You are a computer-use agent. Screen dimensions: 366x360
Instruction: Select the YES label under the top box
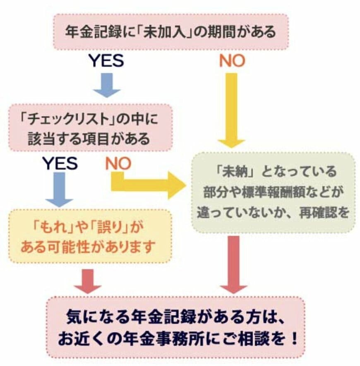coord(106,61)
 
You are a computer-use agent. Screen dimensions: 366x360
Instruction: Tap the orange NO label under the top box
coord(232,61)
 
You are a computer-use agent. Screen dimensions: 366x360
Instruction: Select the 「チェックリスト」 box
coord(90,127)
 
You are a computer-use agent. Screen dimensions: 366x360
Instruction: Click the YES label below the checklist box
coord(60,164)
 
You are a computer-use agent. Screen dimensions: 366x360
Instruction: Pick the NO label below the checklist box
coord(118,164)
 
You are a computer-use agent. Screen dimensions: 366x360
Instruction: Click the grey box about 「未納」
coord(273,192)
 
